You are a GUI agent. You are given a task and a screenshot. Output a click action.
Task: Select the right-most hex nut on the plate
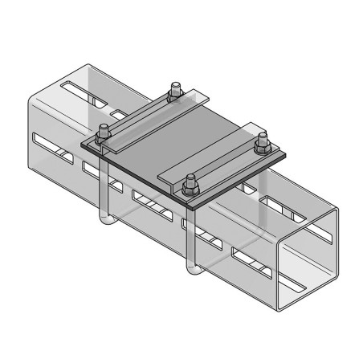click(x=260, y=147)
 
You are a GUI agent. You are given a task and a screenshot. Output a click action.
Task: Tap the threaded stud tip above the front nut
click(x=190, y=177)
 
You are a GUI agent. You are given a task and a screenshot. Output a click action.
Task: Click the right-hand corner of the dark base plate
click(x=286, y=155)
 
